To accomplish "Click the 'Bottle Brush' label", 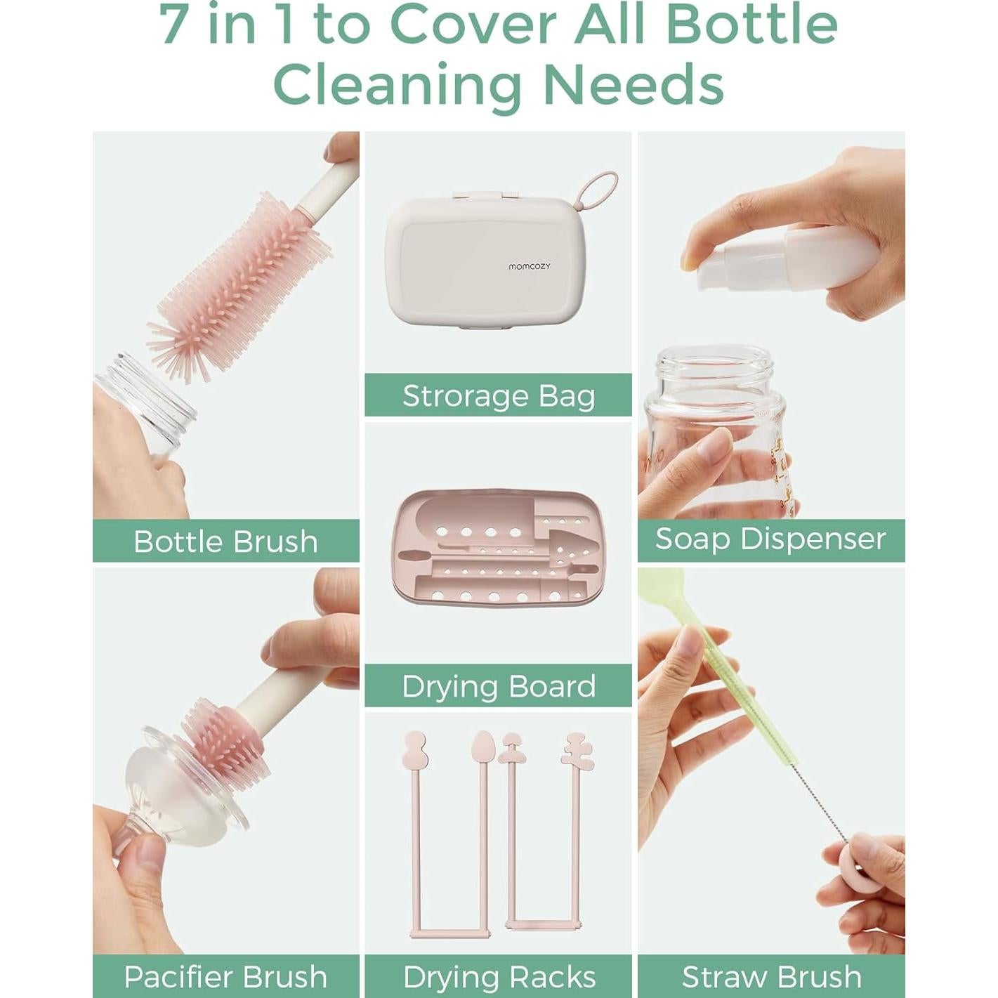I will [x=225, y=541].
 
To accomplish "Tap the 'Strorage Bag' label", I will [x=498, y=395].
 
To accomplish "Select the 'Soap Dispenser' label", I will [x=770, y=539].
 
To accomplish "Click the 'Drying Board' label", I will [x=498, y=686].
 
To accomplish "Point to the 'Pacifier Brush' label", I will [x=225, y=977].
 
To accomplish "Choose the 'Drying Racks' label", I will [x=498, y=977].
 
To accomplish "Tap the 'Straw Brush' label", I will [x=770, y=977].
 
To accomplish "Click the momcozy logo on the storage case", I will [x=529, y=266].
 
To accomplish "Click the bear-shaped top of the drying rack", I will [x=576, y=749].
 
